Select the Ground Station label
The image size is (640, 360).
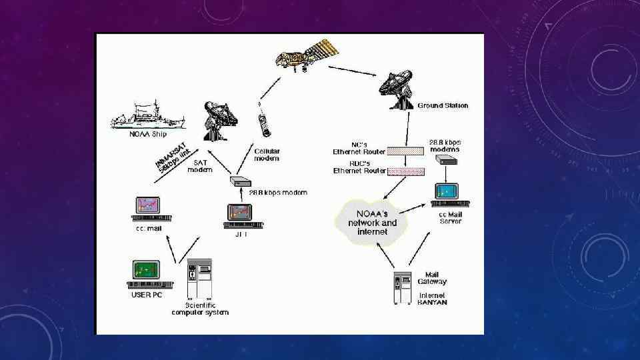point(443,105)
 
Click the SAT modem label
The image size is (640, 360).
point(199,166)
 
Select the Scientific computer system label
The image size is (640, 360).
point(200,309)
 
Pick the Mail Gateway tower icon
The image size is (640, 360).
point(401,287)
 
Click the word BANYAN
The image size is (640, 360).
point(432,302)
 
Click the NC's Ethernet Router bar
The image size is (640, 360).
point(405,151)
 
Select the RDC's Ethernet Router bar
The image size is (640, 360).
point(405,171)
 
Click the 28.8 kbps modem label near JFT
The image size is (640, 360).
point(278,193)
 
